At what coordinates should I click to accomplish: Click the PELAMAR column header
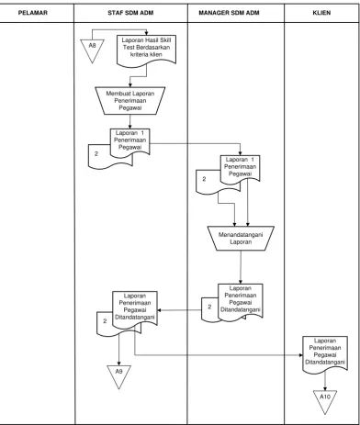tap(33, 13)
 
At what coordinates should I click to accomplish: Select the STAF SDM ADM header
tap(130, 13)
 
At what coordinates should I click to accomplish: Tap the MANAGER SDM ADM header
tap(229, 13)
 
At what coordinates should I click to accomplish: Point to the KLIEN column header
tap(321, 13)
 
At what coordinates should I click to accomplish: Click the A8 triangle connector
tap(92, 49)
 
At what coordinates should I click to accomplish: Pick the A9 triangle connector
tap(119, 375)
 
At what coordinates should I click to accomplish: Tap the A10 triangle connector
tap(325, 400)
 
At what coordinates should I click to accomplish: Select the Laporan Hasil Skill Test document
tap(147, 49)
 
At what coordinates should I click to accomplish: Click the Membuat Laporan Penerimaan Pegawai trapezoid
tap(130, 101)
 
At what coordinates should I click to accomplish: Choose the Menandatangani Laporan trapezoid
tap(241, 239)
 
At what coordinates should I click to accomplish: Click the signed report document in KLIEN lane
tap(325, 353)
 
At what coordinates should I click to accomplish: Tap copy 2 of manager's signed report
tap(210, 309)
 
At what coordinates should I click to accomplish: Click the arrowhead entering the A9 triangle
tap(119, 363)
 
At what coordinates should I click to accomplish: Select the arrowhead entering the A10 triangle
tap(325, 388)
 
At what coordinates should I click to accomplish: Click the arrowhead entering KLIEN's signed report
tap(300, 355)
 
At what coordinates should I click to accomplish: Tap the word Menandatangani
tap(241, 235)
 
